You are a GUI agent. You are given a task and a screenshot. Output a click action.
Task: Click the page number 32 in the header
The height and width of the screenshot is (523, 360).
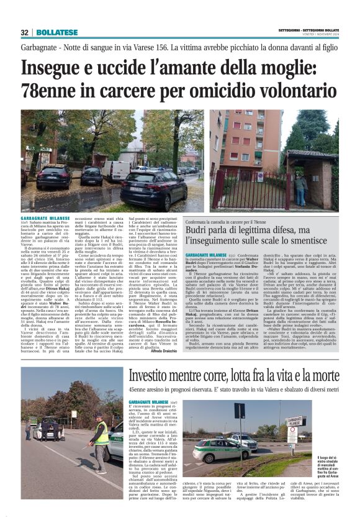point(25,32)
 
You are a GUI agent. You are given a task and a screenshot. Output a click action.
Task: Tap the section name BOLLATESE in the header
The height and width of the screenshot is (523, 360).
point(56,32)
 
